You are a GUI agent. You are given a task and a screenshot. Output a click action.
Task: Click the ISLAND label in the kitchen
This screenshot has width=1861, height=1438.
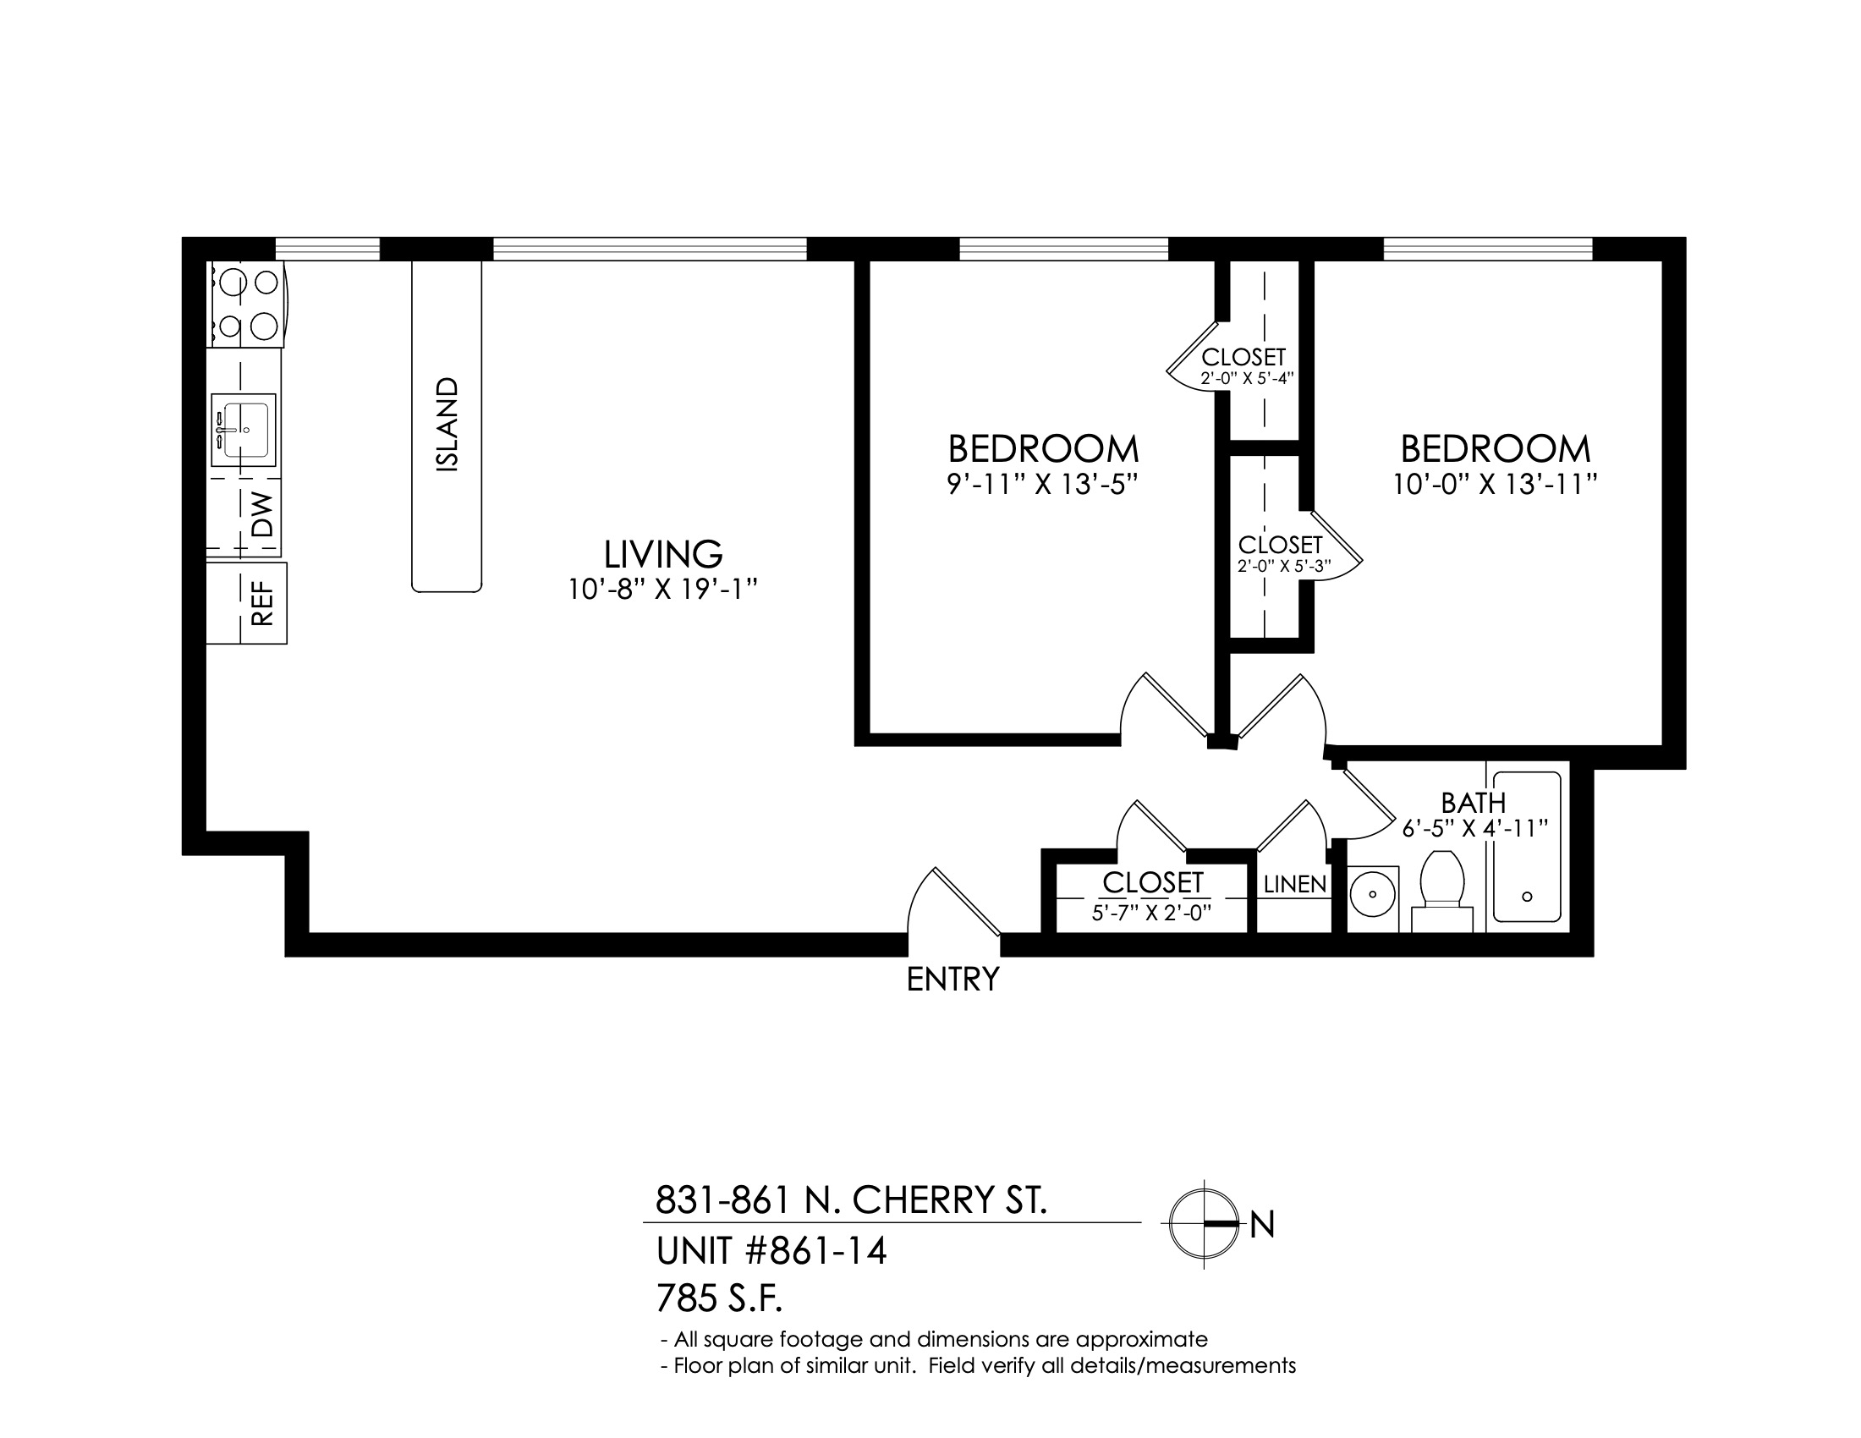(x=447, y=425)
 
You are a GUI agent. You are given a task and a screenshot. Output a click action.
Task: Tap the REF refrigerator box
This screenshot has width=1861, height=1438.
(x=246, y=602)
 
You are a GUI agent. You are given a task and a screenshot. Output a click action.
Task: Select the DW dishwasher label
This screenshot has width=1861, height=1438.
(x=264, y=514)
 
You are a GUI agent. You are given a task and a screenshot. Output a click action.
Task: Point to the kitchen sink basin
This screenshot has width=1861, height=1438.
(x=244, y=431)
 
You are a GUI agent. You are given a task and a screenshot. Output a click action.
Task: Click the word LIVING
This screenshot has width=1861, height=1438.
(x=663, y=554)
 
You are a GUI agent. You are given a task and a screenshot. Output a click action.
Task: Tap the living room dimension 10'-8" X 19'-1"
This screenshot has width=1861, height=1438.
(x=663, y=590)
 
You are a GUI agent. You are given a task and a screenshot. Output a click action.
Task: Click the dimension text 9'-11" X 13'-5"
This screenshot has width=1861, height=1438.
(x=1043, y=485)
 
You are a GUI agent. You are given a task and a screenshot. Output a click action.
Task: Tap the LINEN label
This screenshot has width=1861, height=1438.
(x=1294, y=885)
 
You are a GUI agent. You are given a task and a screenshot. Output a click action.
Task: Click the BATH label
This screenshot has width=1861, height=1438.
(x=1474, y=803)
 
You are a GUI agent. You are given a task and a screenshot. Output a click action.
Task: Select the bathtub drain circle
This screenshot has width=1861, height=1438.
(x=1527, y=896)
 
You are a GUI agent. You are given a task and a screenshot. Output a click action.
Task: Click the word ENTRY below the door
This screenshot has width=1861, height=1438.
(x=952, y=980)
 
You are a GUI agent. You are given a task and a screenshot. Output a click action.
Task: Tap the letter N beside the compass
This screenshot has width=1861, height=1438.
(x=1262, y=1225)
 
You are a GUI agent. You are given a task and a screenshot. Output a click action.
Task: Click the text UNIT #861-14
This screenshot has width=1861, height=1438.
(x=771, y=1252)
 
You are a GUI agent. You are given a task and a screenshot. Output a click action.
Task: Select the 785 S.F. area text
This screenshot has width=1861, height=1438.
(x=719, y=1300)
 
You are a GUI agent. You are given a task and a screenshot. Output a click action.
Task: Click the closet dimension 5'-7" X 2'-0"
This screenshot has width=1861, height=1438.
(x=1151, y=914)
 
